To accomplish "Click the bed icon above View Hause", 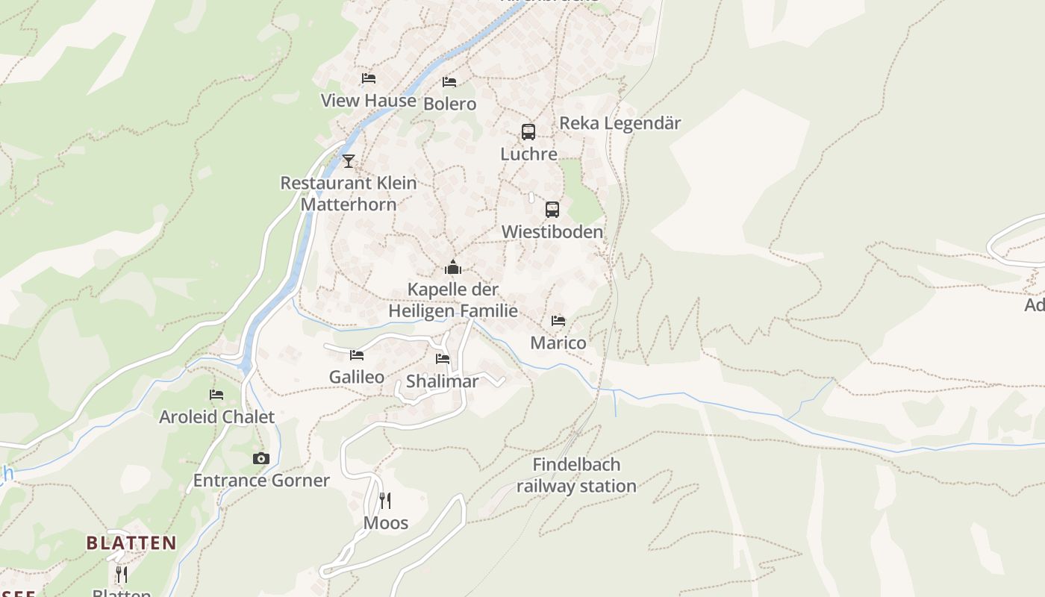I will point(368,78).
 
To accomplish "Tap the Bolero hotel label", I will point(449,104).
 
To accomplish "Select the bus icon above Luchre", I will point(528,132).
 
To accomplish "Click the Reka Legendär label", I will point(620,123).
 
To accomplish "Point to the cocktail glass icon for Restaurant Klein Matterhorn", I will point(349,160).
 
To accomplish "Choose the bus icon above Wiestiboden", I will point(552,210).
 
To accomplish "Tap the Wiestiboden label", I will point(552,232).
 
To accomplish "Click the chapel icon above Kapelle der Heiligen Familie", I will point(452,267).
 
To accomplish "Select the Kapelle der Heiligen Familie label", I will point(453,300).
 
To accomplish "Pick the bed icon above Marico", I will point(558,321).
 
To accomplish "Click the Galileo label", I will point(357,377).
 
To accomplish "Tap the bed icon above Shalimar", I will point(443,359).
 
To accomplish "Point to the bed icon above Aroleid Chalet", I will point(216,394).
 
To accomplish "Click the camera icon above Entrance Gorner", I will point(261,458).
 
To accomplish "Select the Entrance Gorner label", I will point(261,481).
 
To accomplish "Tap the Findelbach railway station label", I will point(576,475).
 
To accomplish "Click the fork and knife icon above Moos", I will point(385,500).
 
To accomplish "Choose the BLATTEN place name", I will point(131,543).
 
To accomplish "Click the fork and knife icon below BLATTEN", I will point(122,574).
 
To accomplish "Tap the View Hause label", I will point(368,101).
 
